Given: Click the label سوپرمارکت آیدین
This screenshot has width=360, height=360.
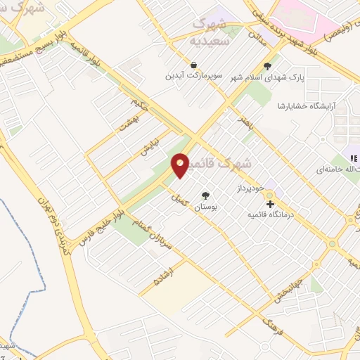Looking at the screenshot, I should click(x=190, y=75).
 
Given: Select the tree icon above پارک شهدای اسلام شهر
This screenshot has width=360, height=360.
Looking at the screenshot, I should click(x=267, y=67).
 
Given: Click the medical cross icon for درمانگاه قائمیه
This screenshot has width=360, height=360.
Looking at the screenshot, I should click(x=270, y=205).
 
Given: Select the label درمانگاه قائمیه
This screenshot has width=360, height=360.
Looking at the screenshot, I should click(x=304, y=205).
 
